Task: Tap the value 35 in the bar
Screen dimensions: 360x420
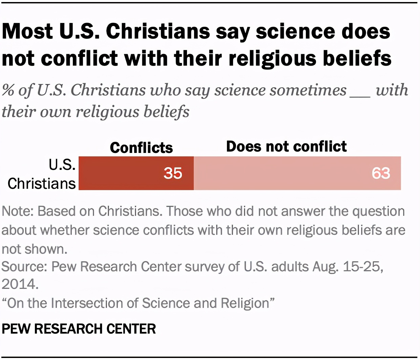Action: (173, 173)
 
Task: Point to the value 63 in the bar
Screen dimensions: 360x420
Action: (381, 173)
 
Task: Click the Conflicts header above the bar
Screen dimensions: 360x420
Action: (141, 148)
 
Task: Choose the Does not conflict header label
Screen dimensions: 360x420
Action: (286, 147)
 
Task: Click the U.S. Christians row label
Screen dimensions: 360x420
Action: (42, 174)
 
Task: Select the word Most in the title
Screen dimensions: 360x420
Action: (27, 31)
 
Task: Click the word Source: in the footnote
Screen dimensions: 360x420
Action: (24, 267)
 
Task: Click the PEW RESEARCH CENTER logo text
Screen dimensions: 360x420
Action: (79, 329)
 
